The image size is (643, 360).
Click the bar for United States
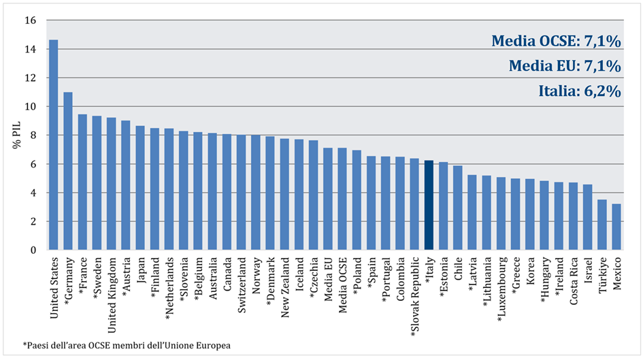click(x=53, y=145)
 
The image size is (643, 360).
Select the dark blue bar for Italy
click(x=429, y=205)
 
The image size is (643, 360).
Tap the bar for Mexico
click(x=616, y=227)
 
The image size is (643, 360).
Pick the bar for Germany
click(x=67, y=171)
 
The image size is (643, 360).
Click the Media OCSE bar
click(x=342, y=199)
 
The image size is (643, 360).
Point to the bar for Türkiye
click(x=602, y=225)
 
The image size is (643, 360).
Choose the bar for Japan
click(x=140, y=188)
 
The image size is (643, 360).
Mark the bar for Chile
click(x=458, y=208)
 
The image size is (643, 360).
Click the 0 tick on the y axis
click(x=33, y=250)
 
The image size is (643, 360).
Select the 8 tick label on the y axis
click(x=33, y=135)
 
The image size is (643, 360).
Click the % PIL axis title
click(x=17, y=135)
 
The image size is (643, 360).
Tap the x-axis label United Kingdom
click(x=111, y=295)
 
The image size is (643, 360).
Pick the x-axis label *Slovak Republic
click(x=414, y=297)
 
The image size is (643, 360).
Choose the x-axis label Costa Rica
click(x=574, y=281)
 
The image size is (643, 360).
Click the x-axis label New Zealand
click(x=284, y=287)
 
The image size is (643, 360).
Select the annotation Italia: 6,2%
click(x=580, y=91)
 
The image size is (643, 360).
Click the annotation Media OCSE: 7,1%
click(x=556, y=41)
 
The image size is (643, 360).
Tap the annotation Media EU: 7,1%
click(x=565, y=65)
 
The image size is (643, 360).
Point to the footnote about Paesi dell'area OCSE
click(x=127, y=345)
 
